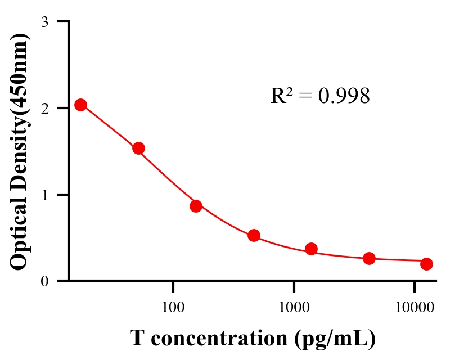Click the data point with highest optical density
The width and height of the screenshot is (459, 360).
tap(80, 105)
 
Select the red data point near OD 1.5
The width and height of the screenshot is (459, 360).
tap(138, 148)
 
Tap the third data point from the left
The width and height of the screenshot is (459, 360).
tap(196, 206)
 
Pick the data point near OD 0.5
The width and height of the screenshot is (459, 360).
tap(254, 235)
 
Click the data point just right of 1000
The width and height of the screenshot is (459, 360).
tap(312, 249)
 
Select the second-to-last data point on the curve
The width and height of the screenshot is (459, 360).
tap(369, 258)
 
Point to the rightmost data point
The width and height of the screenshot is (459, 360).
tap(426, 264)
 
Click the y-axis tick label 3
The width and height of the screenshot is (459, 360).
tap(44, 22)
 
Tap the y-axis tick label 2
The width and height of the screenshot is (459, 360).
tap(44, 108)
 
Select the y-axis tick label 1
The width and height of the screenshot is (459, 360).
tap(44, 195)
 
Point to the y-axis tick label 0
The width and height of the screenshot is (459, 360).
tap(44, 281)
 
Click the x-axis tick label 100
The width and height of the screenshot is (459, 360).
tap(173, 308)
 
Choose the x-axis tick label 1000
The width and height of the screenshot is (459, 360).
tap(294, 308)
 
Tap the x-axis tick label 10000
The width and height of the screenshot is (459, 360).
tap(415, 308)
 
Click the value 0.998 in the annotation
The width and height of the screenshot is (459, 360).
tap(344, 96)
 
